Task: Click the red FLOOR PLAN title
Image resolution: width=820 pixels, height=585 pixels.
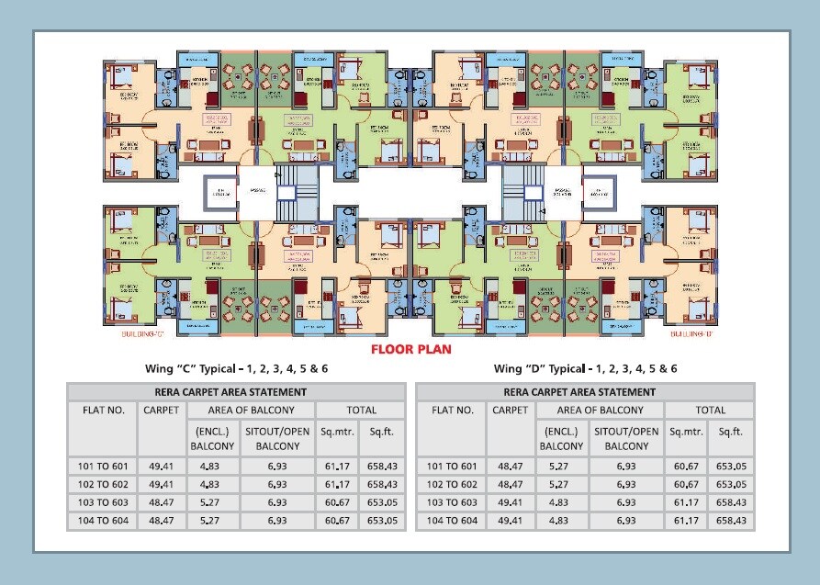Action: [410, 349]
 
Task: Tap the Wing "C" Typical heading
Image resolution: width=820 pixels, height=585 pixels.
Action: [236, 368]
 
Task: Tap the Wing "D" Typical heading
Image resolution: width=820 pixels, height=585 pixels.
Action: [586, 368]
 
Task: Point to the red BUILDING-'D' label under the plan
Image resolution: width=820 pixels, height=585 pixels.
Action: [691, 334]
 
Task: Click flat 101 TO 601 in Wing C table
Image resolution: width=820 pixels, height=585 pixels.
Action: [103, 467]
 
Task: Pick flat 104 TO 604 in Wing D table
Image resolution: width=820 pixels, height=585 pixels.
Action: [452, 521]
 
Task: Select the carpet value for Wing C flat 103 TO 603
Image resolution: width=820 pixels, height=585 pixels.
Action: [162, 503]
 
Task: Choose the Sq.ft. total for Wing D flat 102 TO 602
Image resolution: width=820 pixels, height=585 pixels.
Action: [731, 485]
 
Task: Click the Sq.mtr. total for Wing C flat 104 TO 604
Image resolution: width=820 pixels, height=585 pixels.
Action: [336, 521]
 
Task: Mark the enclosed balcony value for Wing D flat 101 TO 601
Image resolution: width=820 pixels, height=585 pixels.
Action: [561, 467]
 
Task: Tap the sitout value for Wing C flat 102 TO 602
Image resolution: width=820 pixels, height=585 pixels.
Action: [277, 485]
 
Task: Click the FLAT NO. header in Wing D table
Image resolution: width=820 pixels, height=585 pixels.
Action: [452, 411]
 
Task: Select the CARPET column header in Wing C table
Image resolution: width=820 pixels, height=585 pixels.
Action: [162, 411]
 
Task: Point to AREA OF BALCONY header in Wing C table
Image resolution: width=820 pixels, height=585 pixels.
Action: [251, 411]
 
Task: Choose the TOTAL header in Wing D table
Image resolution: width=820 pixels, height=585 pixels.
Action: [710, 411]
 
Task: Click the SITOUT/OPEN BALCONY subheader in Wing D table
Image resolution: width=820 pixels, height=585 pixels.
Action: [626, 438]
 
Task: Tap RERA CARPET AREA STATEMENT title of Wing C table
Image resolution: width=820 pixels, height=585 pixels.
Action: [236, 392]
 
